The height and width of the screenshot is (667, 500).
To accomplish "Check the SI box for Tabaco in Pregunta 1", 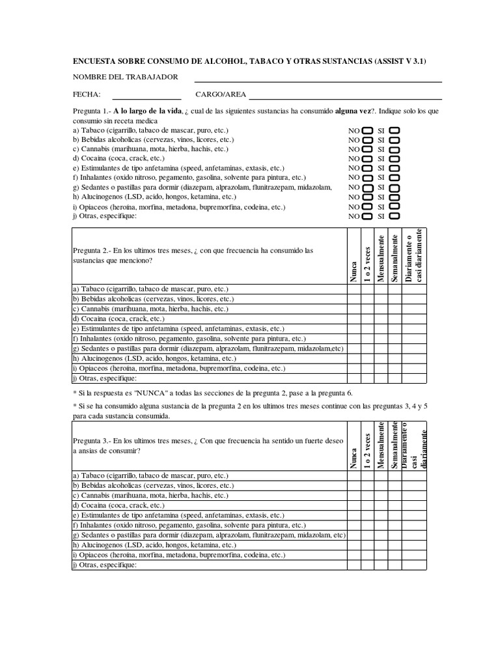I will pos(395,131).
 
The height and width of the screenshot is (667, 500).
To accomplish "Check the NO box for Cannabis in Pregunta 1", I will pos(368,149).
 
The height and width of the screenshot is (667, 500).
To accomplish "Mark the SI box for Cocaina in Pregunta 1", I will pos(395,158).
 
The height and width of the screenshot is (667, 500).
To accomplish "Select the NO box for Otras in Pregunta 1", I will pos(368,215).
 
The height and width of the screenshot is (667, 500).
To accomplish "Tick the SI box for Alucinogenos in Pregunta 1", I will pos(395,196).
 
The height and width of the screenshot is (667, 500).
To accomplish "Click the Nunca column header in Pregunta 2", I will pos(354,272).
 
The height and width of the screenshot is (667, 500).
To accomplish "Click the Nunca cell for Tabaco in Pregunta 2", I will pos(354,289).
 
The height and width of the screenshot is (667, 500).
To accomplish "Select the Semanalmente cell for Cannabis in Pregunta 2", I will pos(395,309).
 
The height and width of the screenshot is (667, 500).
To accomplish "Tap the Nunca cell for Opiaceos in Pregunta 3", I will pos(354,556).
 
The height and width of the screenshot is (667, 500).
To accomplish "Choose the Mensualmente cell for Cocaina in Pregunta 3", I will pos(381,505).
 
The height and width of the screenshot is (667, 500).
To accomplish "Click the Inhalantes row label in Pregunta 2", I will pos(189,339).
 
